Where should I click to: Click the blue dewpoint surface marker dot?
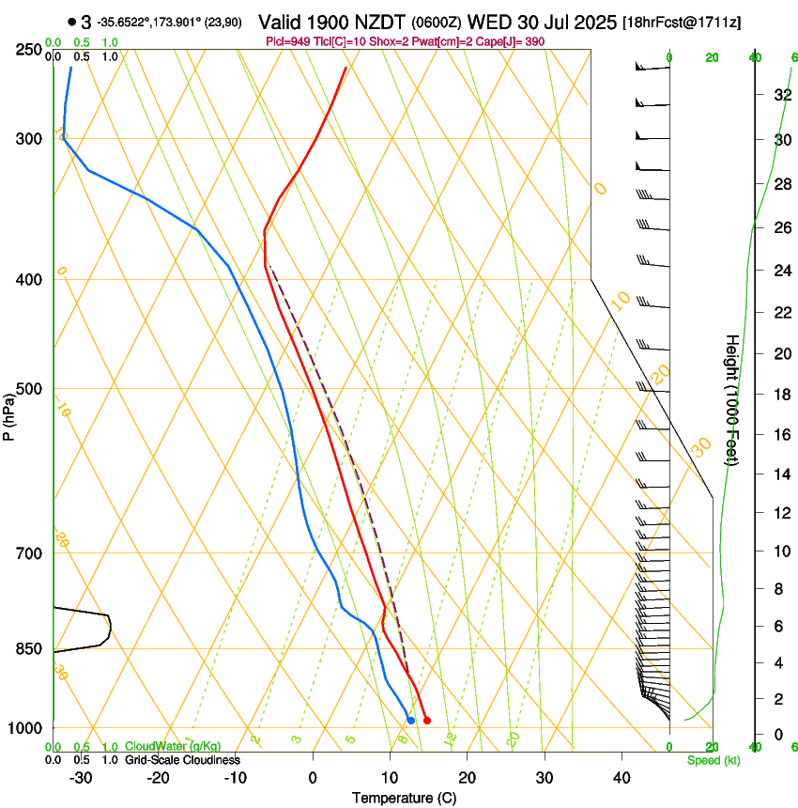[x=411, y=721]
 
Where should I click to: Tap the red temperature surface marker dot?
[x=427, y=721]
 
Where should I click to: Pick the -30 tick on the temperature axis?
[x=81, y=778]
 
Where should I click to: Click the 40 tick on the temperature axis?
[x=622, y=778]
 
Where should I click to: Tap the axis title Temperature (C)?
[x=404, y=798]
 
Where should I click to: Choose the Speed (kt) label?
[x=714, y=760]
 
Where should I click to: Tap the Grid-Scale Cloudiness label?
[x=182, y=760]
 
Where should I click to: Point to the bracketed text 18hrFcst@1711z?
[x=682, y=22]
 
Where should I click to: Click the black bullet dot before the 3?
[x=72, y=21]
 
